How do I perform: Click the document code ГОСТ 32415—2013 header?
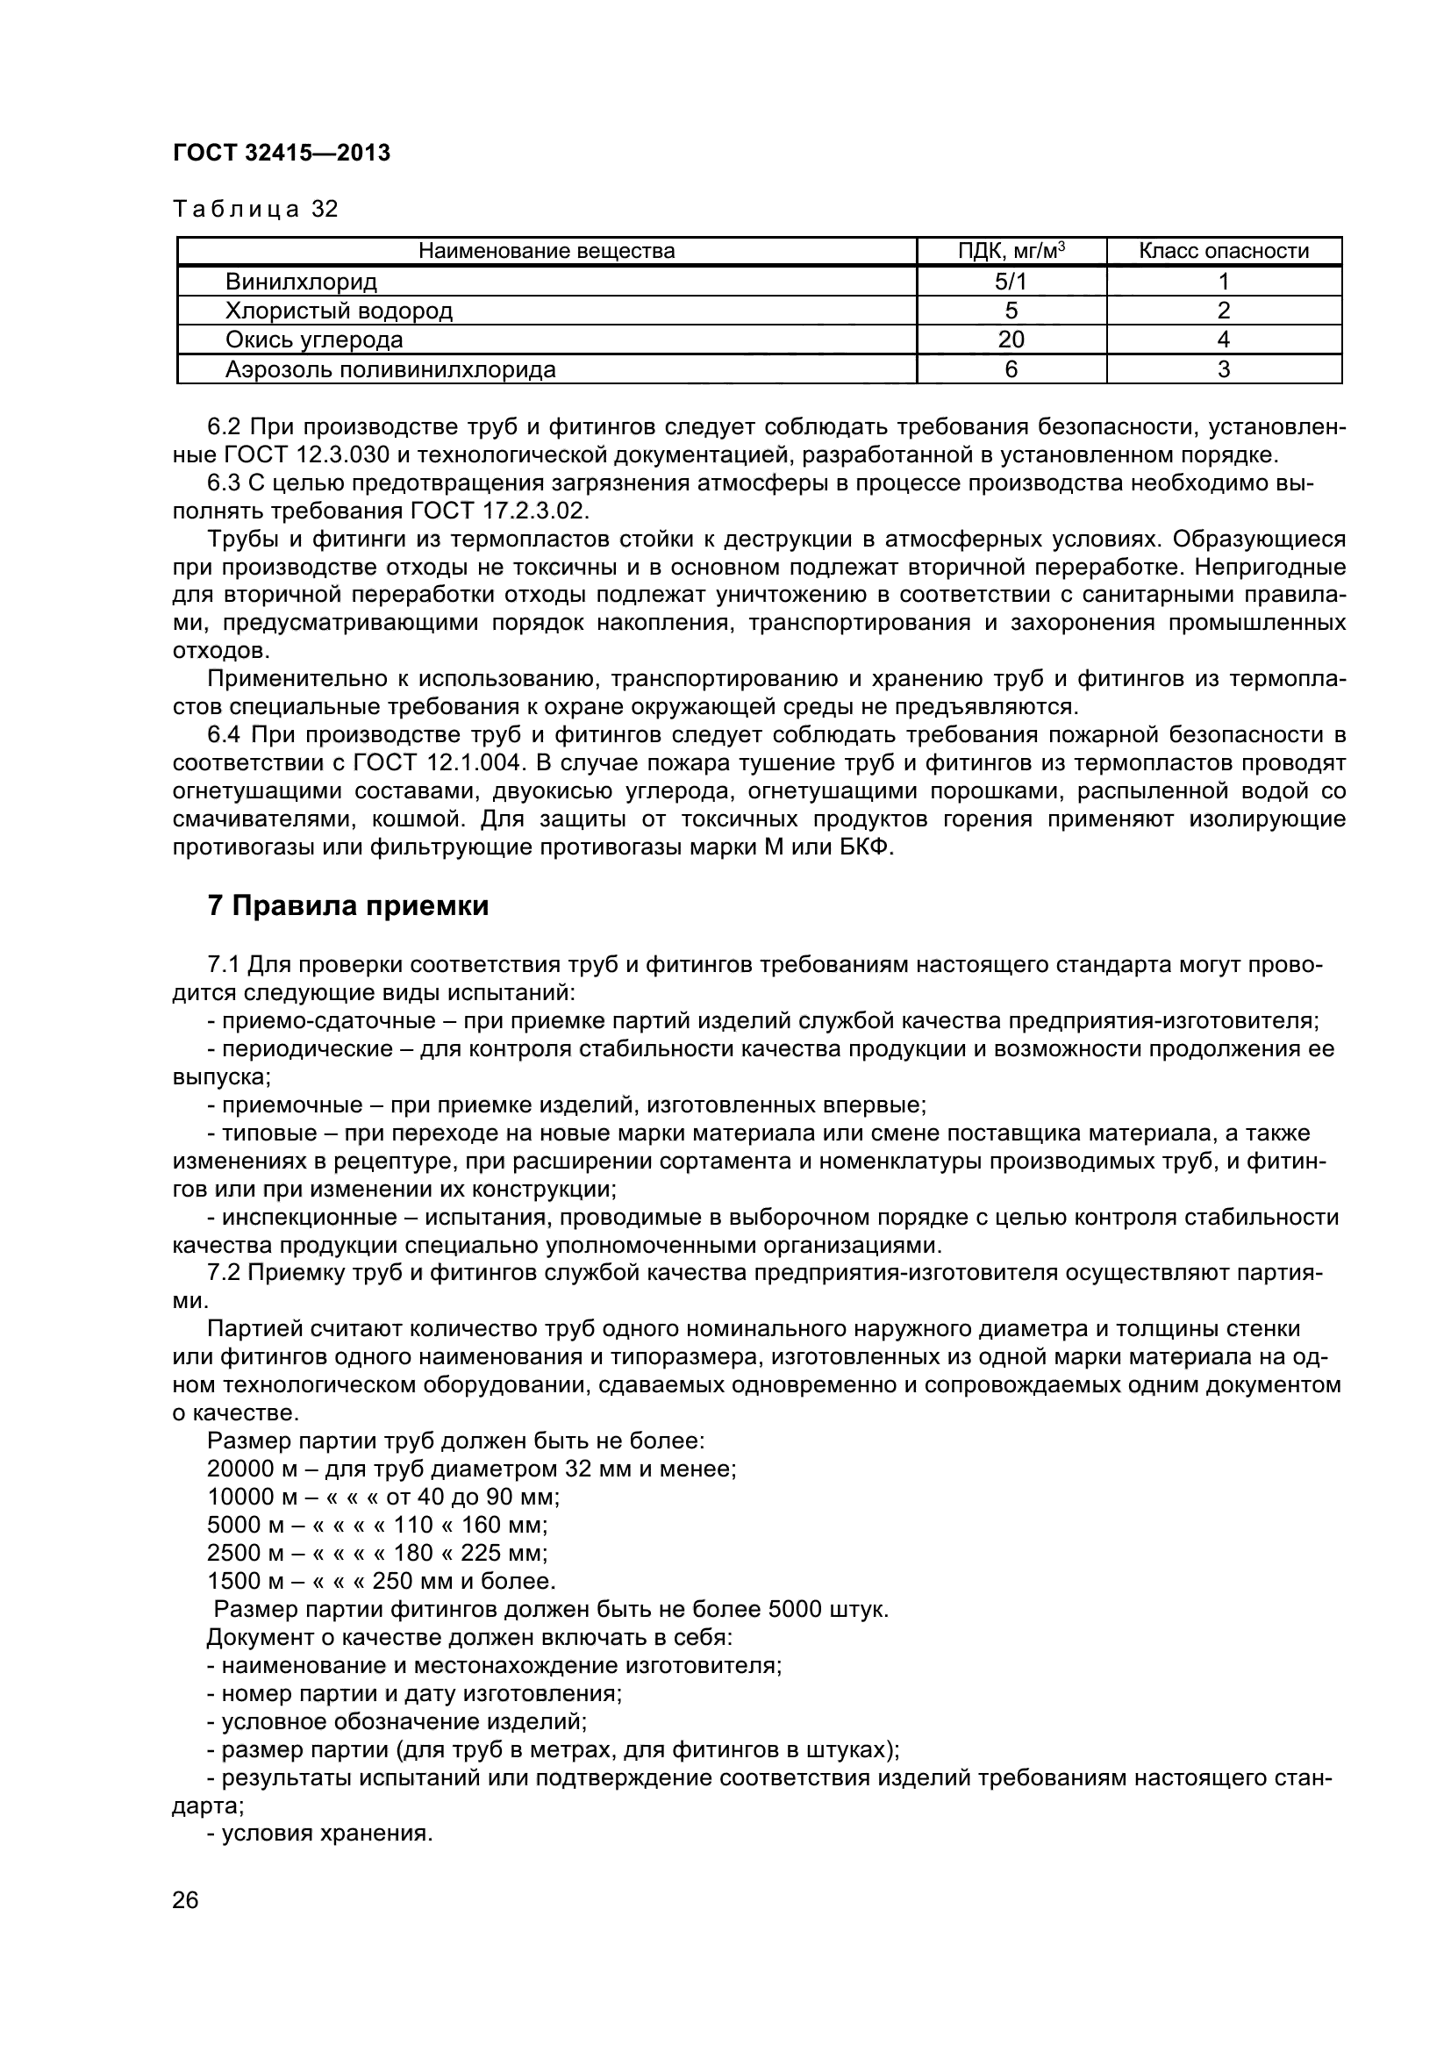click(x=282, y=154)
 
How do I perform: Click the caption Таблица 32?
click(x=255, y=209)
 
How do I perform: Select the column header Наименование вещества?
click(x=547, y=251)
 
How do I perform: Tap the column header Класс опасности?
click(x=1223, y=251)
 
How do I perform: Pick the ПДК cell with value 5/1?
click(x=1011, y=282)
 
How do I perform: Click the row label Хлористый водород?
click(x=339, y=311)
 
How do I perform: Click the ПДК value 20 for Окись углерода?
click(x=1011, y=340)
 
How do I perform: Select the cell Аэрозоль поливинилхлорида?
click(x=390, y=369)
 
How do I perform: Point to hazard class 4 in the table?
click(x=1223, y=340)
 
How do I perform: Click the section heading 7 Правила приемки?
click(x=347, y=906)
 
